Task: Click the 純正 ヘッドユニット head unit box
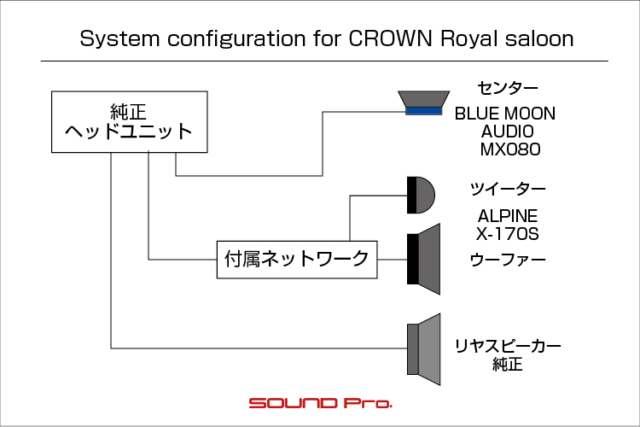[x=130, y=122]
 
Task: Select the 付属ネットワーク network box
[x=297, y=260]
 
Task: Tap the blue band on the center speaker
[x=423, y=111]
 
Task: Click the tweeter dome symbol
[x=422, y=196]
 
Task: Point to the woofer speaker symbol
[x=423, y=259]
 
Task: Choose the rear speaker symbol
[x=423, y=349]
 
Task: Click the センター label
[x=508, y=88]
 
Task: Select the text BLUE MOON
[x=505, y=114]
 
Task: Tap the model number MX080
[x=510, y=149]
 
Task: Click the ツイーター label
[x=508, y=189]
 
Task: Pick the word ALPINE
[x=508, y=216]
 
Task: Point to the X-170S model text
[x=508, y=234]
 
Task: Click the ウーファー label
[x=508, y=260]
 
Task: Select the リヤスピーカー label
[x=508, y=346]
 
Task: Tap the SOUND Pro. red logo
[x=320, y=403]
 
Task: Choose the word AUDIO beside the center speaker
[x=508, y=132]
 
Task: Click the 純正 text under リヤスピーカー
[x=508, y=364]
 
